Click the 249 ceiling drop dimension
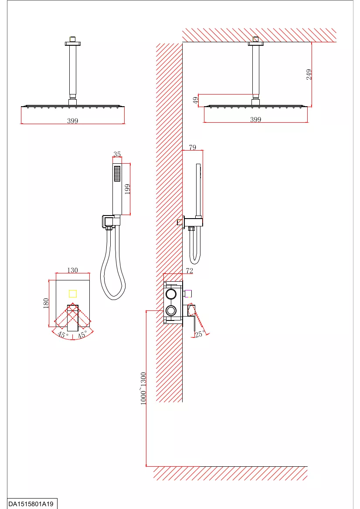[x=309, y=74]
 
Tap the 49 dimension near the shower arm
[x=196, y=100]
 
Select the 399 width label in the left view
[x=72, y=121]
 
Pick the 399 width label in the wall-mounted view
[x=256, y=119]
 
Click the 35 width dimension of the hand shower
[x=117, y=154]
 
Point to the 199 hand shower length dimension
[x=127, y=189]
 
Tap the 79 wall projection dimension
[x=192, y=147]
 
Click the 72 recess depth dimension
[x=190, y=270]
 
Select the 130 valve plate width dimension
[x=72, y=270]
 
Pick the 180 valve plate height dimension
[x=46, y=303]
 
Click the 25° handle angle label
[x=200, y=334]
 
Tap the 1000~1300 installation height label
[x=143, y=388]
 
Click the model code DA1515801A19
[x=31, y=504]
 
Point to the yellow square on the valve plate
[x=73, y=294]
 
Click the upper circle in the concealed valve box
[x=171, y=294]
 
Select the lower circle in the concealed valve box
[x=171, y=310]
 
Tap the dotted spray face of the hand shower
[x=117, y=174]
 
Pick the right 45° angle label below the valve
[x=82, y=334]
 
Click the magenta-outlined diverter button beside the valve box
[x=188, y=294]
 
